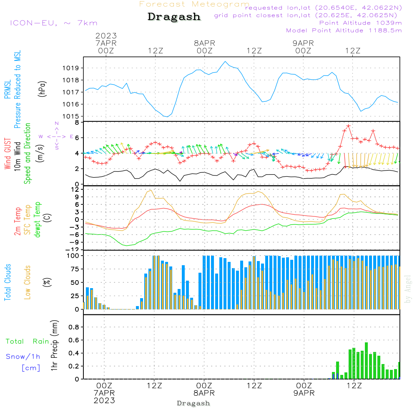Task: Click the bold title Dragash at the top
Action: (x=174, y=17)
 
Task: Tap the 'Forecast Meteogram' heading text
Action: (x=194, y=4)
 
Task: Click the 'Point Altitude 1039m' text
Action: (x=360, y=23)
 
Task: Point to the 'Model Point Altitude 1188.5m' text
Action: (x=344, y=30)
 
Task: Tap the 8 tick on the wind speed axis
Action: (x=77, y=123)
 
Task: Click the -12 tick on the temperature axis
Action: (x=74, y=250)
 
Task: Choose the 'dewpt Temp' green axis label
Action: (x=38, y=219)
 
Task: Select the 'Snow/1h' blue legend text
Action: (x=23, y=357)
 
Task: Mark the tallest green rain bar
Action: (x=366, y=361)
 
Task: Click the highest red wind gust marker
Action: (x=348, y=126)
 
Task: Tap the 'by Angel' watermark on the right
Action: (x=408, y=289)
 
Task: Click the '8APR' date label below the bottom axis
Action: (x=204, y=393)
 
